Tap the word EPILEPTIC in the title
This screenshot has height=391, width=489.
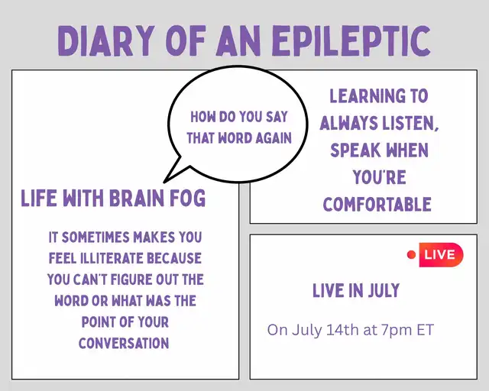coord(351,40)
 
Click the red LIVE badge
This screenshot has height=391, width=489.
coord(441,255)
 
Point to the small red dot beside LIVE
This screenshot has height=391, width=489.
coord(411,255)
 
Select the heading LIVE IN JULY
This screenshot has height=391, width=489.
coord(356,291)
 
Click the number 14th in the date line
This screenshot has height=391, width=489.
coord(342,330)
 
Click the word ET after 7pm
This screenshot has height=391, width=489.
coord(425,330)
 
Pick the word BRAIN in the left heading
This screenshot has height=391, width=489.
coord(137,198)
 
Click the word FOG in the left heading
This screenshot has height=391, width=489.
coord(188,198)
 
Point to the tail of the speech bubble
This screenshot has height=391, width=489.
coord(164,182)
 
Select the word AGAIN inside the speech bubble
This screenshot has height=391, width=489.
coord(274,137)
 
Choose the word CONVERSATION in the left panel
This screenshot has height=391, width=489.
coord(124,343)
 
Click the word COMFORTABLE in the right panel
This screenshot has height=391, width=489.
coord(377,205)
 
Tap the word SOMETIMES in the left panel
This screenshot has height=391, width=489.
coord(95,237)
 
